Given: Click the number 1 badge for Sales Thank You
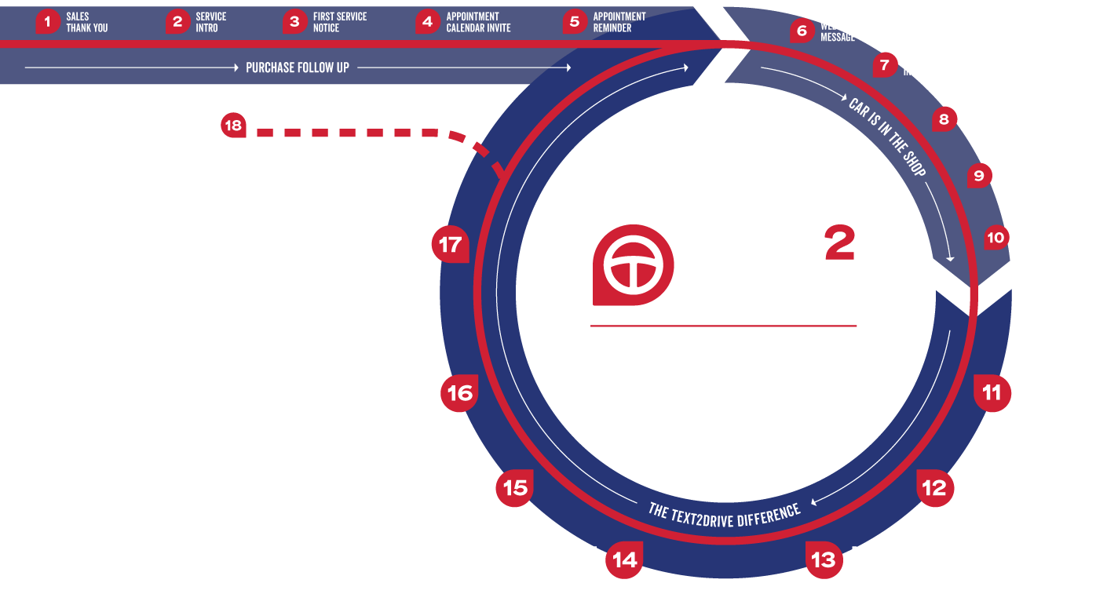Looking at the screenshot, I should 48,22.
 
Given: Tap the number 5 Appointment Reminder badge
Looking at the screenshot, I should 575,22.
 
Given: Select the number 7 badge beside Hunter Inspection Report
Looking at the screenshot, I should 885,65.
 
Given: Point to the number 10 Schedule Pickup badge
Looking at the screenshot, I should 996,238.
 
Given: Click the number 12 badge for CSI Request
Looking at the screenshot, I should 934,488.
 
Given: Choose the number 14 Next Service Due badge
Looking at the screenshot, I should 625,559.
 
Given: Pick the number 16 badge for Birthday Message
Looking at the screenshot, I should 459,393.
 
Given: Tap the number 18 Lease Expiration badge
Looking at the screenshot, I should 233,126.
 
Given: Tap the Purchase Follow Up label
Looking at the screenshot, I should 298,67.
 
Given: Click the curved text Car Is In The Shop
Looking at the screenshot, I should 888,138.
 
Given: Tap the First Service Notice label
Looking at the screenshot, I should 339,22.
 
